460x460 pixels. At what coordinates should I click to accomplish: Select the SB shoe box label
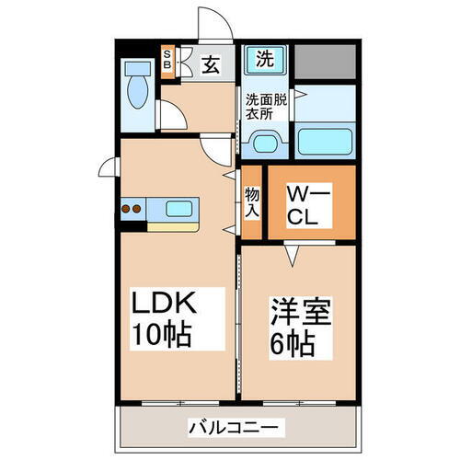tap(167, 60)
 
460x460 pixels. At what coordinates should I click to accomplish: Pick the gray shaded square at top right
tap(326, 60)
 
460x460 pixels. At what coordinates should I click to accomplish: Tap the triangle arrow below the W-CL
tap(293, 253)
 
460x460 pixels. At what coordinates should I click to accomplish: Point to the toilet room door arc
tap(170, 115)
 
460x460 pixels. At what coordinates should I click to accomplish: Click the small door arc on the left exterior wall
tap(109, 167)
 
